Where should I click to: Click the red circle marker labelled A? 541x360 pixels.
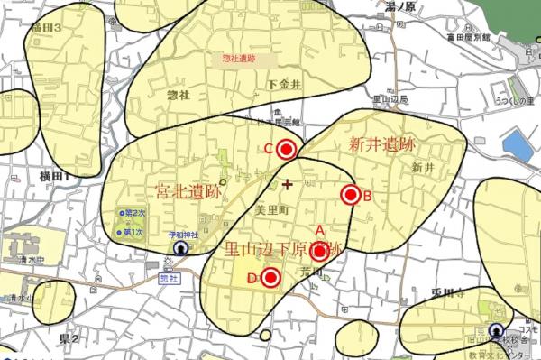[x=317, y=252]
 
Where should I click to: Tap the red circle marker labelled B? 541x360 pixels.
[x=350, y=195]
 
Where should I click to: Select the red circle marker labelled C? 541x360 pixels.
[x=287, y=149]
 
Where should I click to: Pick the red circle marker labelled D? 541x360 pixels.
[x=269, y=278]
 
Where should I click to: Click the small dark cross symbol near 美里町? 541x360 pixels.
[x=288, y=185]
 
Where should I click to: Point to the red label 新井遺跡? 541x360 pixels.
[x=381, y=144]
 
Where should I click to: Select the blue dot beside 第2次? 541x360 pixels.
[x=119, y=214]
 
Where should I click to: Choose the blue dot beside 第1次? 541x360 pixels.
[x=119, y=232]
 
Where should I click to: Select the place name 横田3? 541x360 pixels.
[x=44, y=29]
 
